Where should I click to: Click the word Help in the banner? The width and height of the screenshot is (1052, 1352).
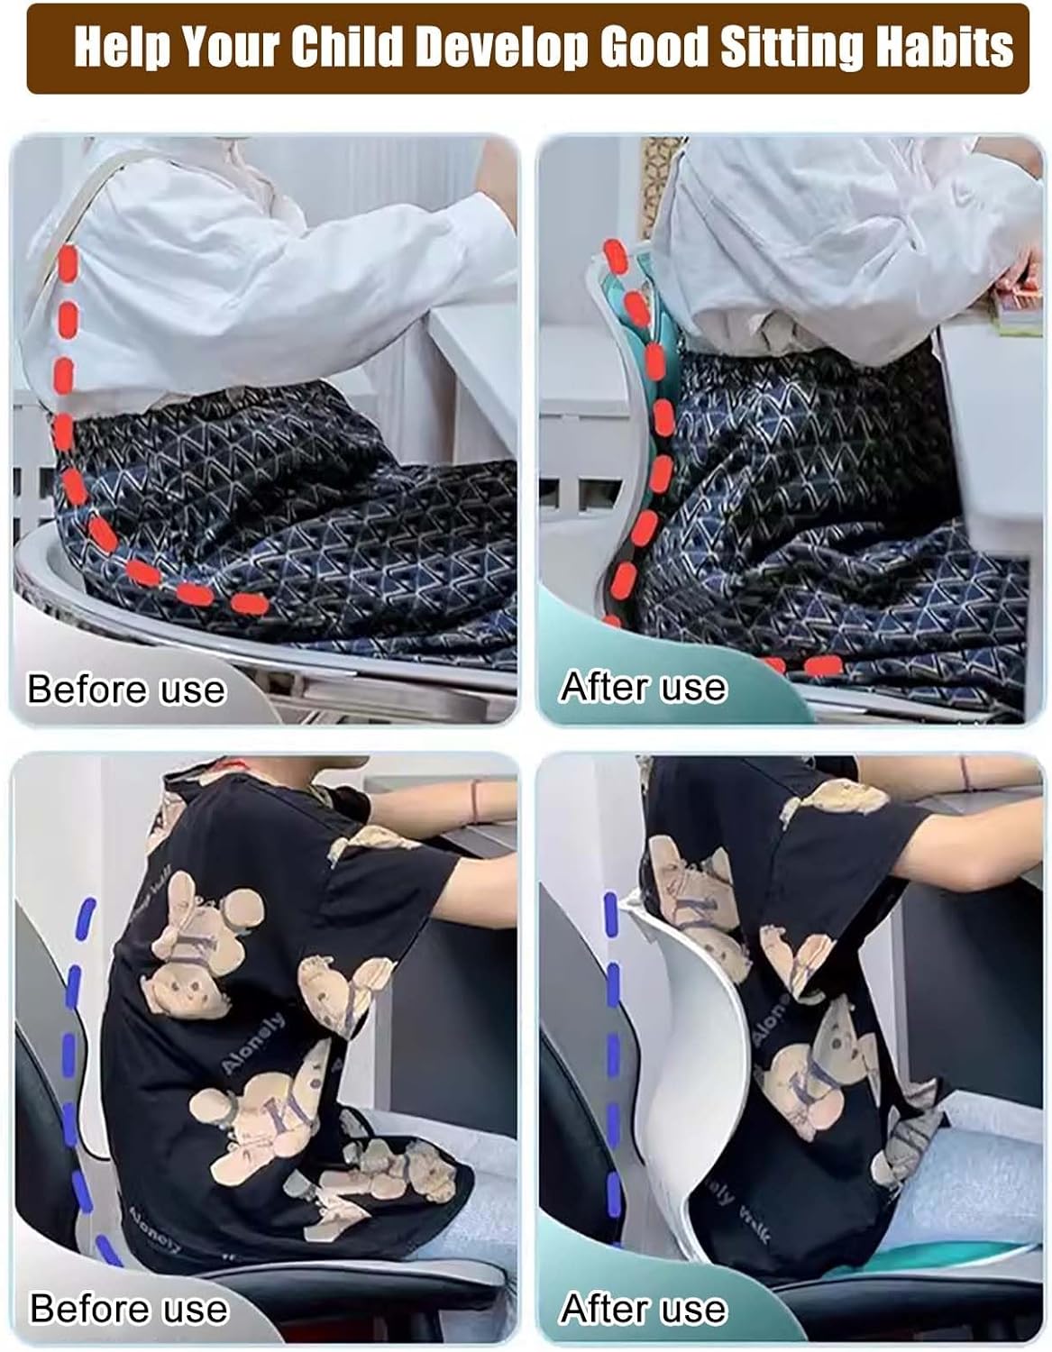tap(122, 48)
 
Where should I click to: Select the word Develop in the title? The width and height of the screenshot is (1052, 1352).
tap(501, 48)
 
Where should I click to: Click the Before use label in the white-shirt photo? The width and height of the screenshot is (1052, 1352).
tap(126, 690)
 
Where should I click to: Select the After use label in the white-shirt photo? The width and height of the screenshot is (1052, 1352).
tap(644, 687)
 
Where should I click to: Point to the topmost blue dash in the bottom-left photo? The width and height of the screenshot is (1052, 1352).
tap(87, 917)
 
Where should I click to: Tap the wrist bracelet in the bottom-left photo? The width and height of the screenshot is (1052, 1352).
tap(476, 799)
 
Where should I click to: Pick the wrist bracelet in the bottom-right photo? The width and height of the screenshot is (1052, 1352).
tap(965, 773)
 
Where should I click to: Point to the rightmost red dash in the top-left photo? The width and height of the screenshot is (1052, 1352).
tap(250, 603)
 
